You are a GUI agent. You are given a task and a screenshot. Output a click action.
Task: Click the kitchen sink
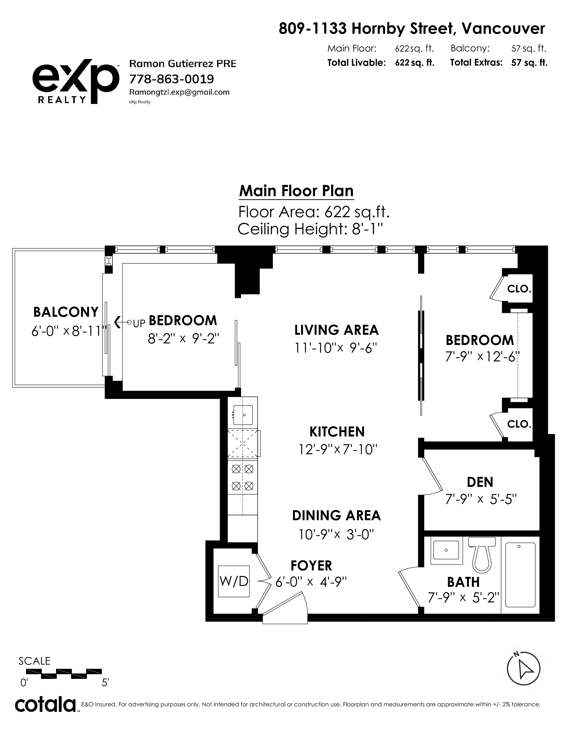243,415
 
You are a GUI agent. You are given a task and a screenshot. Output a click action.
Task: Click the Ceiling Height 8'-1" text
310,229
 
